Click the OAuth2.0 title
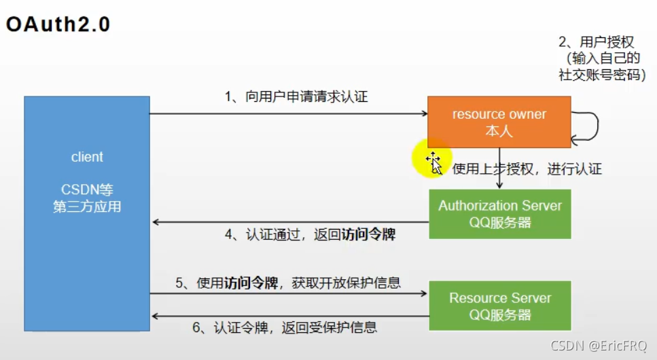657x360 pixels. (x=58, y=24)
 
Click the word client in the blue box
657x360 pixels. (x=87, y=157)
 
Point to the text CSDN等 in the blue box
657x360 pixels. (x=87, y=190)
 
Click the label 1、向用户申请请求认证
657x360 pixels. (x=296, y=97)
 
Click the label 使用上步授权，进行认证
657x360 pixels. (x=527, y=169)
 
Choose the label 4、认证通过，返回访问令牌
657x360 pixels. (x=310, y=235)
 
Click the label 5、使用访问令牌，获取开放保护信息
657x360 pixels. (x=288, y=282)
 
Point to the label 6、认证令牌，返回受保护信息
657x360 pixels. (x=285, y=327)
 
